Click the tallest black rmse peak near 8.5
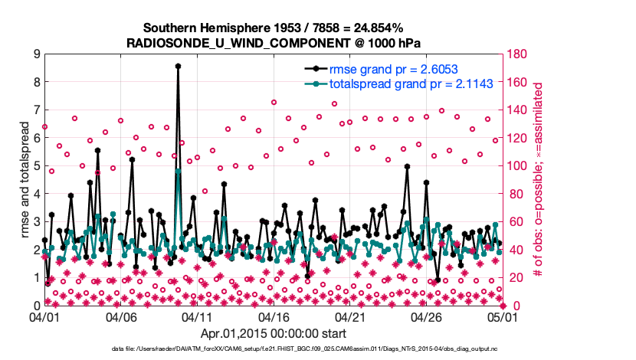178,67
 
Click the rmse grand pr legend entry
384,70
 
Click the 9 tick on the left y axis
35,54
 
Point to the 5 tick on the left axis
35,165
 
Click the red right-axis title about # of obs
537,179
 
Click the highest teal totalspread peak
178,171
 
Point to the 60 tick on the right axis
515,221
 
